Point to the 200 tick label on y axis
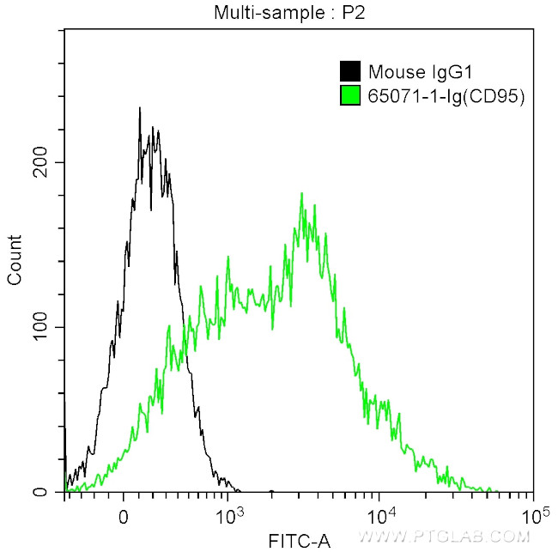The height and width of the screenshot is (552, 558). pos(42,162)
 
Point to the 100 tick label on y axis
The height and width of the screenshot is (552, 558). pos(42,327)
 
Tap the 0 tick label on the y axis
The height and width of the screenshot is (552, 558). pos(51,493)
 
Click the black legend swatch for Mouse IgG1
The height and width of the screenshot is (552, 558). pos(350,72)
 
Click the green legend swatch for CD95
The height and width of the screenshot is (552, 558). pos(350,96)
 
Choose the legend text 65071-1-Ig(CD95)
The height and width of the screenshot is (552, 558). pos(446,96)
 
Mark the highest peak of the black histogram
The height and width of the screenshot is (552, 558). pos(139,108)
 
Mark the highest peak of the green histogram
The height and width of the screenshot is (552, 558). pos(301,193)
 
